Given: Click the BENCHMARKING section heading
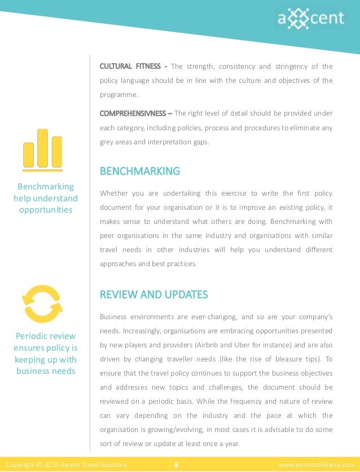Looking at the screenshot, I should click(x=139, y=171).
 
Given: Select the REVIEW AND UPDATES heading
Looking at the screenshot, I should click(x=153, y=294).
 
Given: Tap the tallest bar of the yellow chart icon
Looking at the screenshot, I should click(x=42, y=148).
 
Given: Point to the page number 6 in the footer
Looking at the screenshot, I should click(x=177, y=465).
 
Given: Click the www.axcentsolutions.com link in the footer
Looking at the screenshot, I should click(x=317, y=465).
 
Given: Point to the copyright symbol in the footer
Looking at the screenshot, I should click(x=39, y=465).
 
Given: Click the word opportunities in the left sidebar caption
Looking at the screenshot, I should click(x=45, y=210).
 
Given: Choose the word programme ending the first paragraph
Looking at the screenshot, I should click(x=119, y=95).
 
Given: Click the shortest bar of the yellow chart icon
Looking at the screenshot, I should click(x=29, y=155).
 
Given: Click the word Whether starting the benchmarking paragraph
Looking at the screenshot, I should click(x=114, y=193).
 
